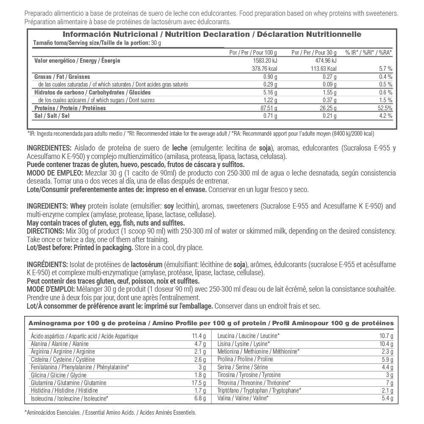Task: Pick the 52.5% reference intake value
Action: (384, 108)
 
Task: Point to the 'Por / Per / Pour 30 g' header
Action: (314, 52)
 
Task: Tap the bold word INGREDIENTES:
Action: (49, 148)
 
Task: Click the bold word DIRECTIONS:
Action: (44, 231)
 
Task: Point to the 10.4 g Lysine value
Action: (387, 344)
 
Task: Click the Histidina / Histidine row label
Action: (64, 391)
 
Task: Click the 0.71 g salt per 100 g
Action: (271, 116)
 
